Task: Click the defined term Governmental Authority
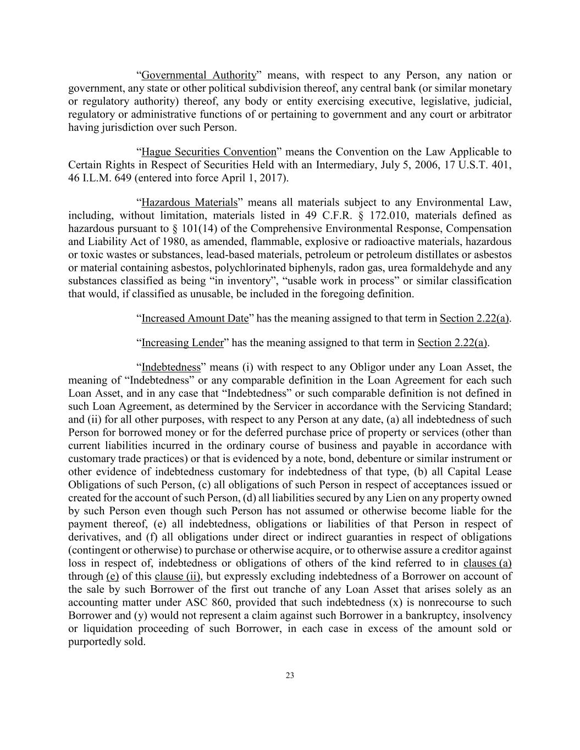(198, 75)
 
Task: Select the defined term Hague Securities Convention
(209, 152)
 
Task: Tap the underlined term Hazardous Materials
(190, 203)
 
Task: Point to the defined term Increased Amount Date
(195, 319)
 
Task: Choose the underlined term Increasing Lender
(183, 343)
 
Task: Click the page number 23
(290, 676)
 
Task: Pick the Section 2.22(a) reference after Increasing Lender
(452, 343)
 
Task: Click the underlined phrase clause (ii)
(177, 576)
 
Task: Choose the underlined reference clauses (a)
(488, 563)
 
